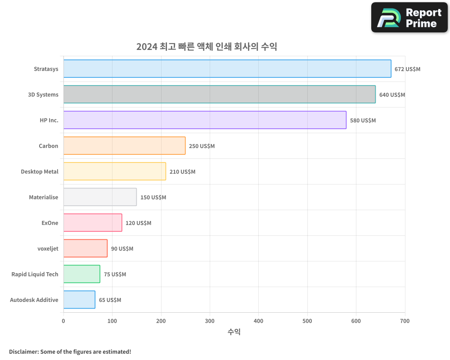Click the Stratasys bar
pos(227,69)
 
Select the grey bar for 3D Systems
pos(219,94)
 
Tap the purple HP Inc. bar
pos(205,120)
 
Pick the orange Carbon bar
pos(124,146)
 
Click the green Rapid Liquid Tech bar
pos(81,274)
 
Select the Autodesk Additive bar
pos(79,300)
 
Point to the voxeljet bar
pos(85,248)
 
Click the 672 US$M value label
pos(407,69)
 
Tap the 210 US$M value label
pos(182,172)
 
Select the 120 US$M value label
pos(138,223)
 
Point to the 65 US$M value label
pos(110,300)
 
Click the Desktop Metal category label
pos(40,172)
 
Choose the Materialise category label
pos(44,198)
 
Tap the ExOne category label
pos(49,223)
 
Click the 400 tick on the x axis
pos(258,321)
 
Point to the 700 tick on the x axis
pos(405,321)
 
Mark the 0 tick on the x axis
pos(63,321)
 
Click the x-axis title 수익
pos(234,332)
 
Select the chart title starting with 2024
pos(207,47)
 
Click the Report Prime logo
pos(409,18)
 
